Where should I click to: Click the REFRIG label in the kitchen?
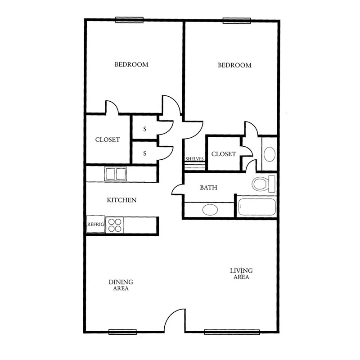tap(95, 224)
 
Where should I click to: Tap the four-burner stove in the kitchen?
tap(115, 225)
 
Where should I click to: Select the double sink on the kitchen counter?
tap(116, 174)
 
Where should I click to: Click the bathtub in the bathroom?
tap(257, 207)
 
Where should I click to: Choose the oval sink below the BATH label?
tap(210, 210)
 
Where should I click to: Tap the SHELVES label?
tap(194, 159)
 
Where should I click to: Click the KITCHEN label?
tap(121, 200)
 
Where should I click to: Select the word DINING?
tap(121, 282)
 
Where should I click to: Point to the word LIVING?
tap(241, 271)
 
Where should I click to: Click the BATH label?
tap(208, 188)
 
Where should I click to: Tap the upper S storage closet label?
tap(144, 129)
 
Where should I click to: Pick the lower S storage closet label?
tap(144, 153)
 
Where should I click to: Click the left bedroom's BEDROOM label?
tap(131, 64)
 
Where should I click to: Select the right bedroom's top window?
tap(237, 21)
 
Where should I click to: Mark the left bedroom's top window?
tap(129, 20)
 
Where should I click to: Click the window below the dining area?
tap(122, 332)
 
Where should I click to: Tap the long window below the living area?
tap(232, 332)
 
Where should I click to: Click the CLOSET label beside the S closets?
tap(108, 140)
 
